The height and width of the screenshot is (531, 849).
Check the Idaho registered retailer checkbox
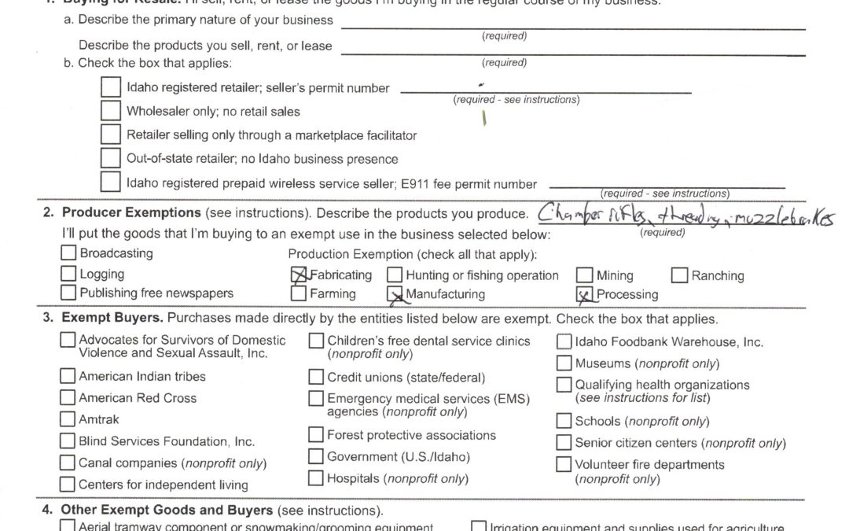pyautogui.click(x=111, y=88)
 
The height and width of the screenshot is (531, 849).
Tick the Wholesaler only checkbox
pyautogui.click(x=111, y=112)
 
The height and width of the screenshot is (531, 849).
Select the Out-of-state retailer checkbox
pyautogui.click(x=111, y=158)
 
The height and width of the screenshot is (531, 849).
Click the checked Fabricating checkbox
pyautogui.click(x=299, y=275)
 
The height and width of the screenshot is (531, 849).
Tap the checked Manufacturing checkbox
pyautogui.click(x=395, y=294)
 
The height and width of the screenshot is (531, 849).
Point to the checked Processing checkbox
pyautogui.click(x=585, y=294)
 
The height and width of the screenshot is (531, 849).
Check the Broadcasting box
pyautogui.click(x=69, y=253)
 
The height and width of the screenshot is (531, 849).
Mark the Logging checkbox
pyautogui.click(x=69, y=275)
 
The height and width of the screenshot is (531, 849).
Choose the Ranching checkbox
pyautogui.click(x=680, y=275)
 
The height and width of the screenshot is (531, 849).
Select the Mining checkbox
pyautogui.click(x=585, y=275)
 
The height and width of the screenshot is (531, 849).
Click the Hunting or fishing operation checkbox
pyautogui.click(x=395, y=275)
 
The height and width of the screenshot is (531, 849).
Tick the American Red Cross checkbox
pyautogui.click(x=68, y=398)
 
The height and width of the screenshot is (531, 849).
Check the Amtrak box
pyautogui.click(x=68, y=419)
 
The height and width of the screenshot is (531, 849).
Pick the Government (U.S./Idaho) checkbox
pyautogui.click(x=316, y=457)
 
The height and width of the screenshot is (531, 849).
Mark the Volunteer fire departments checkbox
pyautogui.click(x=564, y=464)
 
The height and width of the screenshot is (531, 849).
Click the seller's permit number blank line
pyautogui.click(x=546, y=91)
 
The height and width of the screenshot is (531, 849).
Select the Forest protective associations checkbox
pyautogui.click(x=316, y=435)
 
